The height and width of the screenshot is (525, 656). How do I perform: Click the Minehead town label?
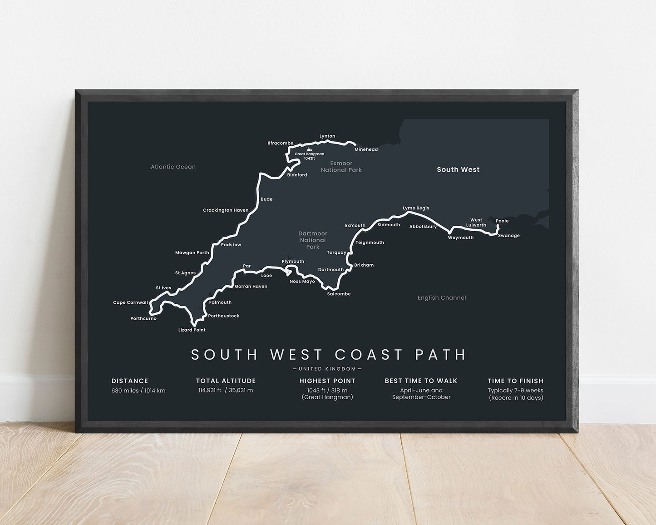pos(366,149)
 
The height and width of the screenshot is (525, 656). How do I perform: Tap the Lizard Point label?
pos(192,330)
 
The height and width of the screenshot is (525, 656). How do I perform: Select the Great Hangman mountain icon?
pos(309,149)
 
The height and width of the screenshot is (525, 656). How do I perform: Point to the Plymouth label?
pos(293,262)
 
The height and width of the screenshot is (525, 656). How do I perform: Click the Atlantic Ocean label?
pos(173,167)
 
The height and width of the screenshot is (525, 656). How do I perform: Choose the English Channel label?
pos(442,298)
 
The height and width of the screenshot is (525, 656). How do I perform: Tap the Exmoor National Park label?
pos(341,167)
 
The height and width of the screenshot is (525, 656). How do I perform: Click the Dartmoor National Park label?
pos(313,240)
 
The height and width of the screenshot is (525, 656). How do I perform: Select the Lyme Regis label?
pos(416,208)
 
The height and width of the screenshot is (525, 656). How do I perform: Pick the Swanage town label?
pos(508,236)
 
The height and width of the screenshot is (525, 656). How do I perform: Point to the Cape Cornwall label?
pos(130,302)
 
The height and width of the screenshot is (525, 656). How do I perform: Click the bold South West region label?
pos(458,169)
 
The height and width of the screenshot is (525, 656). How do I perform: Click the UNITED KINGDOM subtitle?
pos(327,369)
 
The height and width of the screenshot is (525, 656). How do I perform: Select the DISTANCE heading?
pos(130,381)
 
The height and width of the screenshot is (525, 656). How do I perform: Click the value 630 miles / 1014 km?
pos(138,391)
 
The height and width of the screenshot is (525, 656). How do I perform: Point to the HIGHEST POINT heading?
pos(327,381)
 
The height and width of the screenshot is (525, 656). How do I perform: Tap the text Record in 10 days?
pos(516,398)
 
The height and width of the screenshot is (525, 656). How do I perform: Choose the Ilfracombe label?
pos(281,144)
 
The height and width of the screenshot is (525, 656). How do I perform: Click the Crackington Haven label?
pos(226,210)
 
